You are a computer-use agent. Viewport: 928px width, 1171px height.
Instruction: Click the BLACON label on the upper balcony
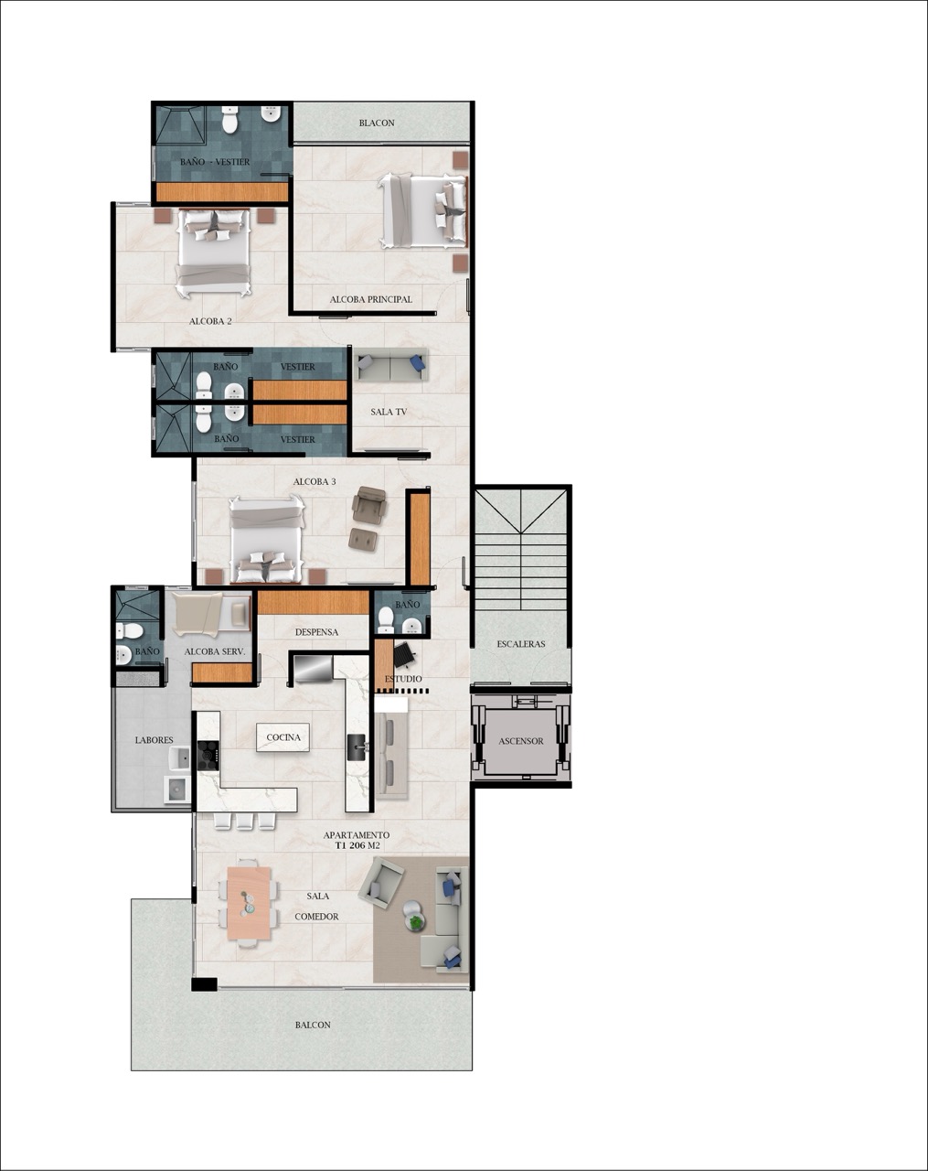(377, 123)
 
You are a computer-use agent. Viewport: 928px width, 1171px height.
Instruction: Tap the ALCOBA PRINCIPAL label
(370, 299)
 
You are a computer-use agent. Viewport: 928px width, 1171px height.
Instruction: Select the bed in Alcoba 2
(213, 252)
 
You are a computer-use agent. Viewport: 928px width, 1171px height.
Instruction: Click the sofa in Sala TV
(391, 366)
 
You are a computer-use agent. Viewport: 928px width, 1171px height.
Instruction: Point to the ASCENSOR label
(521, 741)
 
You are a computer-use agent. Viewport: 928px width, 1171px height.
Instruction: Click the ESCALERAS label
(521, 644)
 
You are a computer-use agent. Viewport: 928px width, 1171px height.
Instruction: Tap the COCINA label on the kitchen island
(283, 737)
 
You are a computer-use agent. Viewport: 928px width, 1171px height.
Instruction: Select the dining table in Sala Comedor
(249, 903)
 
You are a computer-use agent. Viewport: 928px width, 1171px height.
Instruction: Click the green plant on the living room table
(417, 923)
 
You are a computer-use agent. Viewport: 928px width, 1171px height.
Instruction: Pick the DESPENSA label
(316, 632)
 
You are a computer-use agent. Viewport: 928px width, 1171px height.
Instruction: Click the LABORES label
(154, 740)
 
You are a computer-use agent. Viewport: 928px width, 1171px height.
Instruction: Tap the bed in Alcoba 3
(266, 540)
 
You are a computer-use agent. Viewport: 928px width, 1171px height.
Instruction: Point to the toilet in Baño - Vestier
(229, 120)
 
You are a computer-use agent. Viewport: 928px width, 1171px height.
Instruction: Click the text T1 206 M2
(357, 846)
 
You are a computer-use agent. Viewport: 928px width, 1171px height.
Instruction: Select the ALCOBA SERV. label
(214, 651)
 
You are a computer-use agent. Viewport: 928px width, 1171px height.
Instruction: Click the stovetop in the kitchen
(208, 754)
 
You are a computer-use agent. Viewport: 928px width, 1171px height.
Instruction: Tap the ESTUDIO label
(403, 679)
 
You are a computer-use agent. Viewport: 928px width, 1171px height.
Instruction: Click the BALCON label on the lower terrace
(313, 1025)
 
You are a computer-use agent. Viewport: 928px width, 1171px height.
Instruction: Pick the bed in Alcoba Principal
(423, 211)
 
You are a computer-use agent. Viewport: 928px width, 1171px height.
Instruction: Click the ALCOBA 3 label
(315, 481)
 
